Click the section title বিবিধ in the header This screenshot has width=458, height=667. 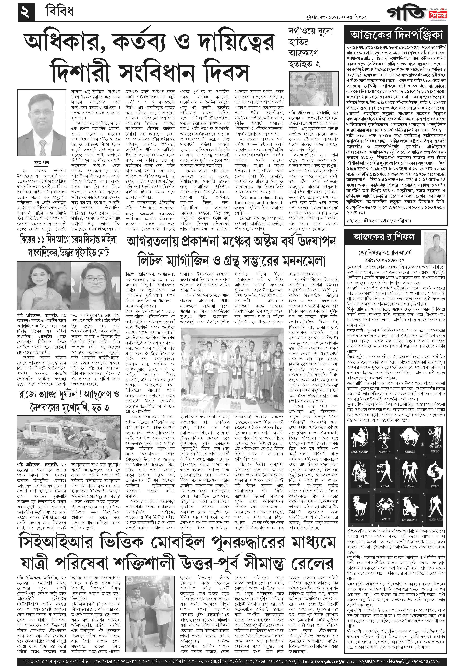(x=60, y=12)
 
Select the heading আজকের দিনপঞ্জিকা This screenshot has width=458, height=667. (x=396, y=35)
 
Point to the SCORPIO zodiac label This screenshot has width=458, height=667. (x=384, y=452)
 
